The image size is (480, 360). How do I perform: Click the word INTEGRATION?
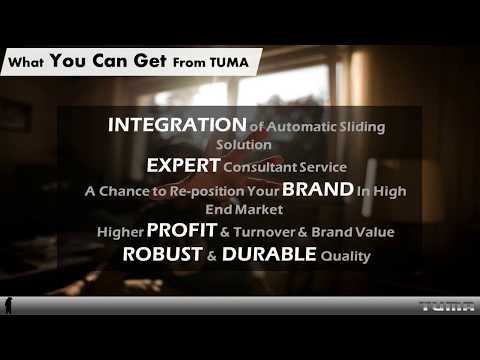point(176,126)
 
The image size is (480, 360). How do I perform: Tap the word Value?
point(374,232)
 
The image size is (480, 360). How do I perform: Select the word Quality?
point(346,256)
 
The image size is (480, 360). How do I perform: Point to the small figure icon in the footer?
point(8,305)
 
